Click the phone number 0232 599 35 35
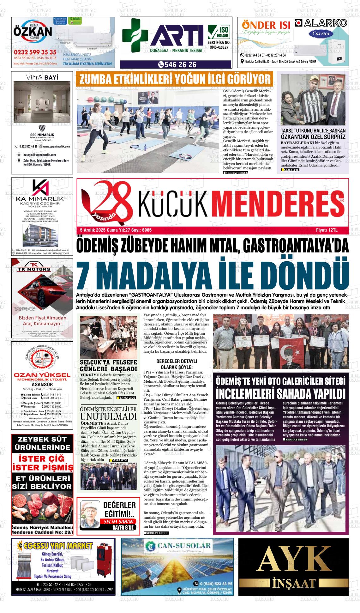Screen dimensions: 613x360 [35, 52]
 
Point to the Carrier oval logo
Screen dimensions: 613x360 [321, 33]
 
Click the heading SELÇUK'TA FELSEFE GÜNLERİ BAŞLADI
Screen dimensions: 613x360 [108, 366]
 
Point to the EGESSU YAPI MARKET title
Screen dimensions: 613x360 [57, 546]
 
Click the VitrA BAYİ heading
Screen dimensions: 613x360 [42, 77]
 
